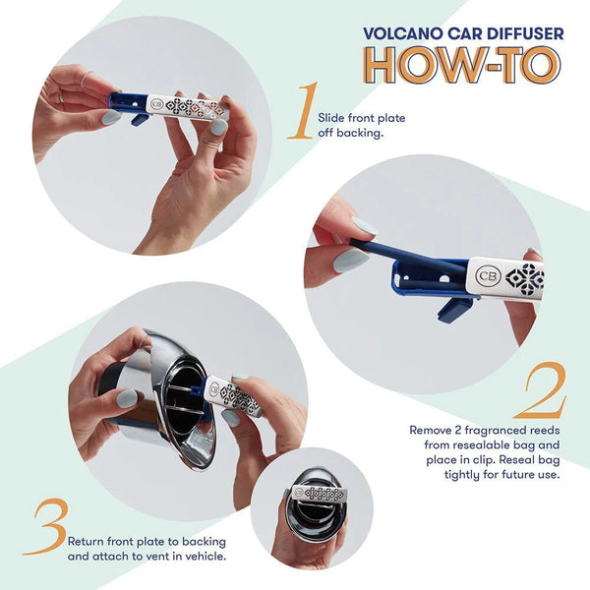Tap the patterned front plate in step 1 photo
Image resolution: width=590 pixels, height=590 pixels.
pos(187,105)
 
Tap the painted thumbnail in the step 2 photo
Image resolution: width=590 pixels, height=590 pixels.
pos(350,260)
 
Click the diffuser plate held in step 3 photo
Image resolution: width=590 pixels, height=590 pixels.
pos(233,395)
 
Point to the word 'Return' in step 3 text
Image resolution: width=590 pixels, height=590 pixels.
pos(87,541)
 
